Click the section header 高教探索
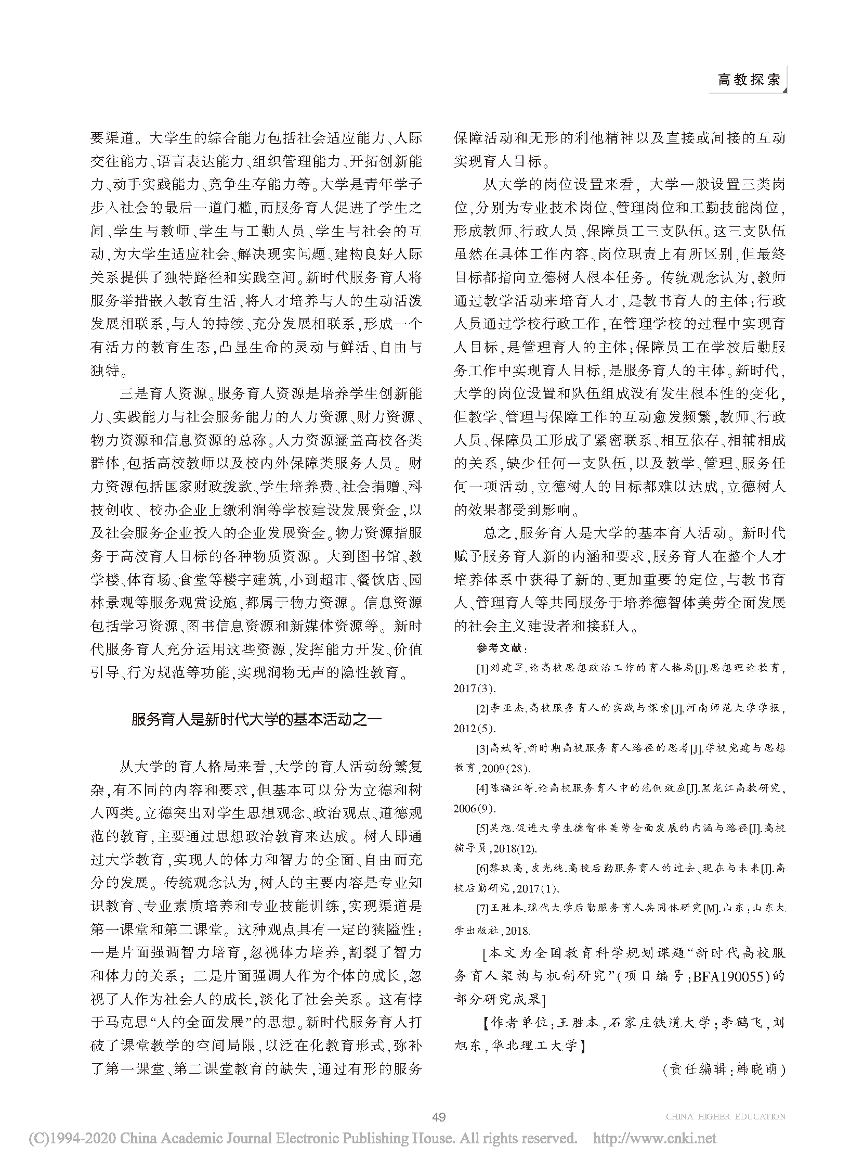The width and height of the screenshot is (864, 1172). [x=749, y=80]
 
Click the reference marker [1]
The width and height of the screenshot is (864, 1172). [x=482, y=668]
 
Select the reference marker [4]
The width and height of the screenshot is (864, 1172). [x=482, y=788]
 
